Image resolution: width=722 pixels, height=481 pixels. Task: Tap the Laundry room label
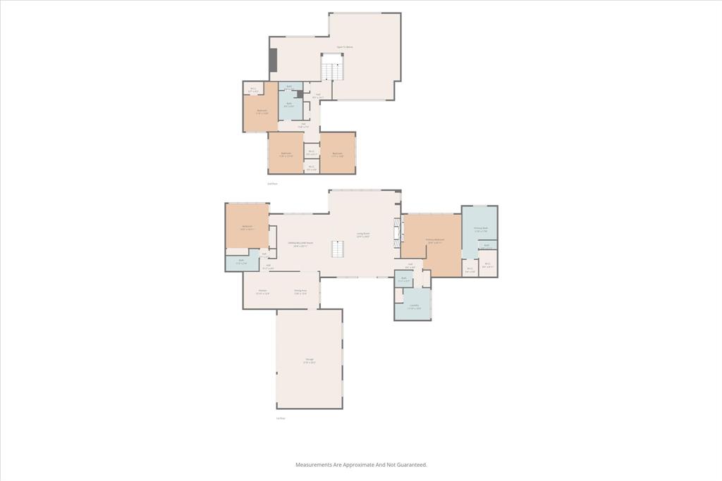[x=414, y=306]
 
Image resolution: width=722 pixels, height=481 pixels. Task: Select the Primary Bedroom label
[x=435, y=241]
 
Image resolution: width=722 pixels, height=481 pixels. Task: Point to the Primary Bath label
[x=480, y=229]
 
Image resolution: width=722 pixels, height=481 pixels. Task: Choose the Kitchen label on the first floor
[x=262, y=292]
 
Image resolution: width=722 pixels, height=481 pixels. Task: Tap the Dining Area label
[x=300, y=292]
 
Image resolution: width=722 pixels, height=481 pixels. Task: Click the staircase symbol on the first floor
[x=339, y=249]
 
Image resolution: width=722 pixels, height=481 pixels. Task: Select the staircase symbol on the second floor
[x=333, y=68]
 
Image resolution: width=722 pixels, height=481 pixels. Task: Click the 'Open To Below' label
[x=345, y=47]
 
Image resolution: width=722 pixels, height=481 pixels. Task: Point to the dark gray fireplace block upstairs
[x=273, y=60]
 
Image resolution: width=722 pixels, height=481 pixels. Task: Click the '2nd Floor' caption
[x=272, y=183]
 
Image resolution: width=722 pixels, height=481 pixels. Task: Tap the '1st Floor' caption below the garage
[x=281, y=418]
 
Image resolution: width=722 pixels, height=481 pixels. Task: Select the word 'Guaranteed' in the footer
[x=411, y=465]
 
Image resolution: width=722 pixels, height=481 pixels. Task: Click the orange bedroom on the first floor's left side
[x=247, y=227]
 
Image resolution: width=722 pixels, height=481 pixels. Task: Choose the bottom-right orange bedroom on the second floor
[x=338, y=153]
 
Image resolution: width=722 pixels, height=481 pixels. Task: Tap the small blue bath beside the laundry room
[x=404, y=279]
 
